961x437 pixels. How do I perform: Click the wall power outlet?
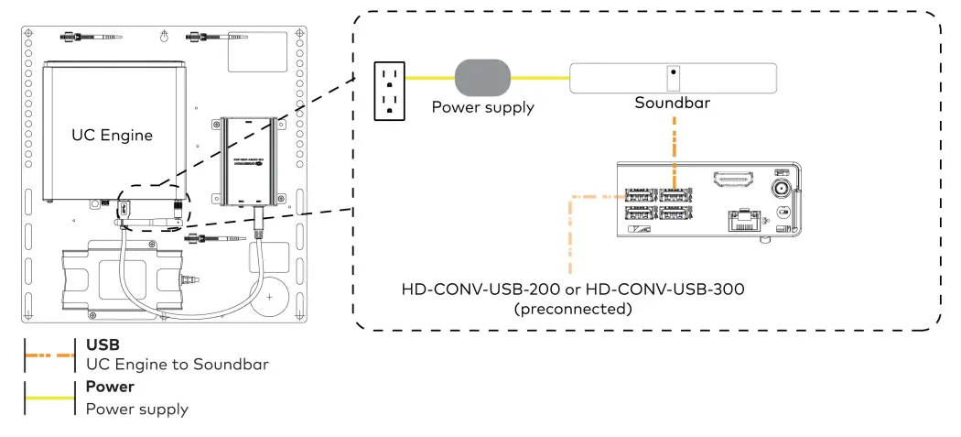(x=390, y=90)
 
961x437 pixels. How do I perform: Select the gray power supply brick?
(x=482, y=78)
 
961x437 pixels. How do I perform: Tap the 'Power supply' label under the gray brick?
(x=482, y=107)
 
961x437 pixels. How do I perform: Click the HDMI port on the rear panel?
(x=733, y=178)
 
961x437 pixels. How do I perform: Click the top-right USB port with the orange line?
(x=675, y=194)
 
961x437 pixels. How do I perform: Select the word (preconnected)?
(x=574, y=309)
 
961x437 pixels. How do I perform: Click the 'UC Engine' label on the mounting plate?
(x=113, y=136)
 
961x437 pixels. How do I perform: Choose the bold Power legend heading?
(x=110, y=387)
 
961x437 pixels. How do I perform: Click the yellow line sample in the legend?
(x=49, y=398)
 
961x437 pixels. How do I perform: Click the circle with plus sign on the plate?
(x=268, y=298)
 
